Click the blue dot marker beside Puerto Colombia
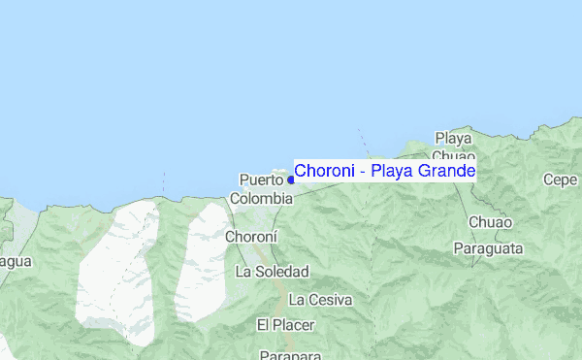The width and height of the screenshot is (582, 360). point(291,180)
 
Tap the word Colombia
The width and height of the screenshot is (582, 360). point(261,198)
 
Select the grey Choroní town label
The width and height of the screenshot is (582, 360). point(251,236)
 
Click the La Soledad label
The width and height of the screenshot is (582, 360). point(272,272)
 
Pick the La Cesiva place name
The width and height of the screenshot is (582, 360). point(320,299)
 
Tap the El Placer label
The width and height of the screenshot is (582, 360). point(282,323)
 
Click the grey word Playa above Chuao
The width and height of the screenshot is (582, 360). point(453,138)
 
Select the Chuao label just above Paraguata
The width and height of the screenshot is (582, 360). point(483,222)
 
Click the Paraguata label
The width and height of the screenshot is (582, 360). point(488,248)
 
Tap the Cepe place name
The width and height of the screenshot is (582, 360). point(561,180)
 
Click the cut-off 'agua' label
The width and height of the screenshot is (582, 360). point(16,261)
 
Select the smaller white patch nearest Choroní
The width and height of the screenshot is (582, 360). point(201,257)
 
